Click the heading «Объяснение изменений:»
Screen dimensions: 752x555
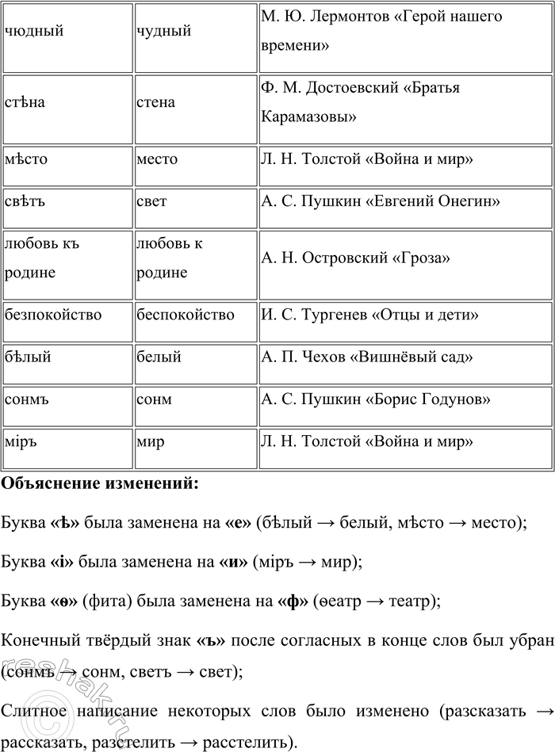pos(100,484)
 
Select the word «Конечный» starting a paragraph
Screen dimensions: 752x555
pos(40,638)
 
